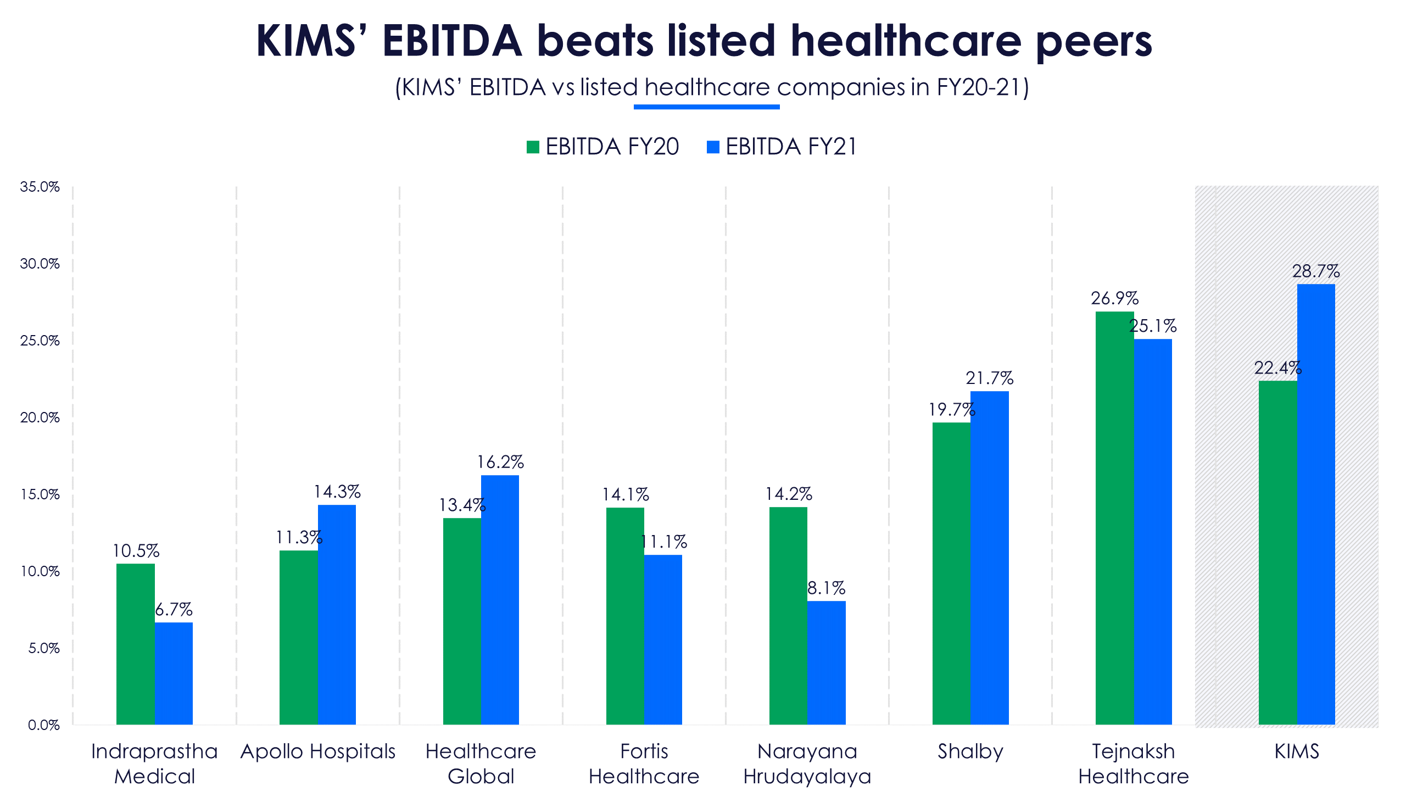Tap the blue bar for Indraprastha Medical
tap(174, 673)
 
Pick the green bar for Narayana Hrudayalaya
tap(788, 615)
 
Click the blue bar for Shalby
tap(989, 558)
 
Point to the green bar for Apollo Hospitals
tap(298, 637)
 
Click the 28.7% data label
tap(1315, 271)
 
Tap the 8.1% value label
tap(826, 588)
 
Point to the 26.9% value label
tap(1114, 298)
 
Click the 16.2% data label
tap(500, 462)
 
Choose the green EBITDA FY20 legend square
tap(533, 147)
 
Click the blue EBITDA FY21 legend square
tap(713, 147)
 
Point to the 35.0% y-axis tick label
tap(40, 187)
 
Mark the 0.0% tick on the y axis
tap(43, 725)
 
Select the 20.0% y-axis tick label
tap(40, 417)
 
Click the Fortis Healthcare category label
tap(644, 764)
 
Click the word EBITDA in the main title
tap(452, 41)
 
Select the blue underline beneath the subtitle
tap(706, 107)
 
